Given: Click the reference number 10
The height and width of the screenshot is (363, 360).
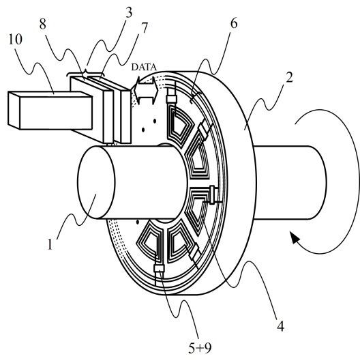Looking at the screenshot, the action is pyautogui.click(x=16, y=39).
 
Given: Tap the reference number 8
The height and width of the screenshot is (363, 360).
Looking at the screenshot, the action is pyautogui.click(x=42, y=24).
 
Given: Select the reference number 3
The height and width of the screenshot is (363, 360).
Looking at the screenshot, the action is pyautogui.click(x=129, y=12).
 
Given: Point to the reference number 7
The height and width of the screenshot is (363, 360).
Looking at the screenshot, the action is pyautogui.click(x=144, y=28).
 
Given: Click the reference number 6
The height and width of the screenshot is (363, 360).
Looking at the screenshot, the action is pyautogui.click(x=234, y=23).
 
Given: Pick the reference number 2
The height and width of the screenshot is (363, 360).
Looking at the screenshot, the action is pyautogui.click(x=289, y=77).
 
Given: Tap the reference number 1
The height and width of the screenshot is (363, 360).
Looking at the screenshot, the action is pyautogui.click(x=50, y=244).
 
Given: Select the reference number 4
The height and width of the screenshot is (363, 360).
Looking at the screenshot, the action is pyautogui.click(x=280, y=327).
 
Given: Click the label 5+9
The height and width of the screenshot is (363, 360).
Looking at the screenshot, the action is pyautogui.click(x=200, y=348).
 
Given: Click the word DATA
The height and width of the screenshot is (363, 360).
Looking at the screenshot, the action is pyautogui.click(x=144, y=67).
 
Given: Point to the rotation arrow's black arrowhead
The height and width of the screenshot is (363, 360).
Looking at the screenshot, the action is pyautogui.click(x=295, y=238).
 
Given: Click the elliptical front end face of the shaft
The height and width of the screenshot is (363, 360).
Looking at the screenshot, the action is pyautogui.click(x=96, y=182).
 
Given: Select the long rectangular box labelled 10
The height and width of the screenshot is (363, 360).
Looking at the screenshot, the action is pyautogui.click(x=50, y=111).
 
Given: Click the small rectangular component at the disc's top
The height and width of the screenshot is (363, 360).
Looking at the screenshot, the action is pyautogui.click(x=171, y=99).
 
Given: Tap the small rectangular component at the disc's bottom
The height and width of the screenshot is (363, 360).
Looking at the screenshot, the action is pyautogui.click(x=159, y=269).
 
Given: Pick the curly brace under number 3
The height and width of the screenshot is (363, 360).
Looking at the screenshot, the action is pyautogui.click(x=86, y=73).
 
